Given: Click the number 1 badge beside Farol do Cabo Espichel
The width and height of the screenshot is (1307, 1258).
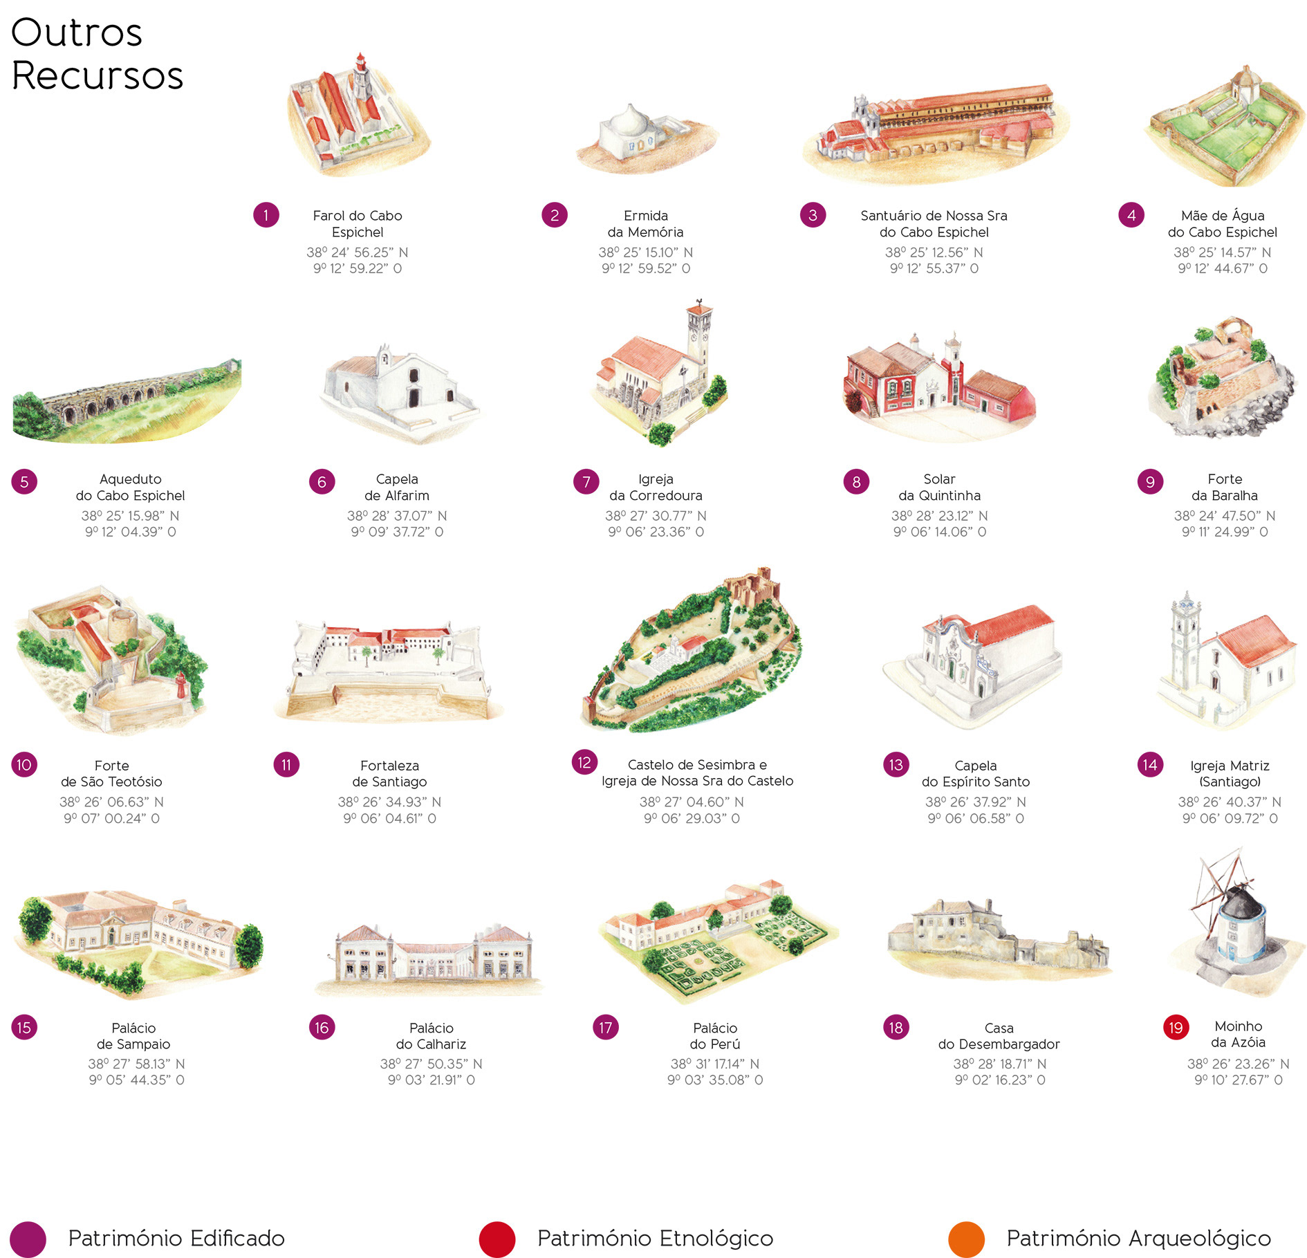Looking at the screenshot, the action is (x=266, y=215).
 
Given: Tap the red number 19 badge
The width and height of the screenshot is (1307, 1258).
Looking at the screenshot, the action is (x=1176, y=1027).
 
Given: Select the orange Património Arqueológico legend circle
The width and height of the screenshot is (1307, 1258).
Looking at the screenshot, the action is (x=966, y=1239).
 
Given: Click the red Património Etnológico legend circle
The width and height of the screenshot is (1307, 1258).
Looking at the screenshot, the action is (x=497, y=1239).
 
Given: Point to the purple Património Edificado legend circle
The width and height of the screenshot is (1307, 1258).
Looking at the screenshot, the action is (x=28, y=1239).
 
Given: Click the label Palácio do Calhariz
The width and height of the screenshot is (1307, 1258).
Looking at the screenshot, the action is (x=431, y=1035).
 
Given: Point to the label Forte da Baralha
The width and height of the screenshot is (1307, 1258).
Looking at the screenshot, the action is (x=1224, y=487).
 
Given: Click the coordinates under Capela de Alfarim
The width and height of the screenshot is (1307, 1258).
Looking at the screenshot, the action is (x=397, y=524).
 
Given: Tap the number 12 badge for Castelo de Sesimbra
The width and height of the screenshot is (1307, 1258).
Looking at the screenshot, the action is (x=584, y=762).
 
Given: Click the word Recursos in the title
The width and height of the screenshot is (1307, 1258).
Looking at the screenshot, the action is (x=98, y=75).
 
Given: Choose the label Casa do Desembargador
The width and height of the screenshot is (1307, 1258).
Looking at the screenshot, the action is (x=999, y=1035).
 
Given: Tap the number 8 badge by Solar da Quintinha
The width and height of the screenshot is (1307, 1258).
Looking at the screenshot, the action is (x=856, y=481).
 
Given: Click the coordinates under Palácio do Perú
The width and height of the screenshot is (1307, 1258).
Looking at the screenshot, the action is (x=714, y=1071).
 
